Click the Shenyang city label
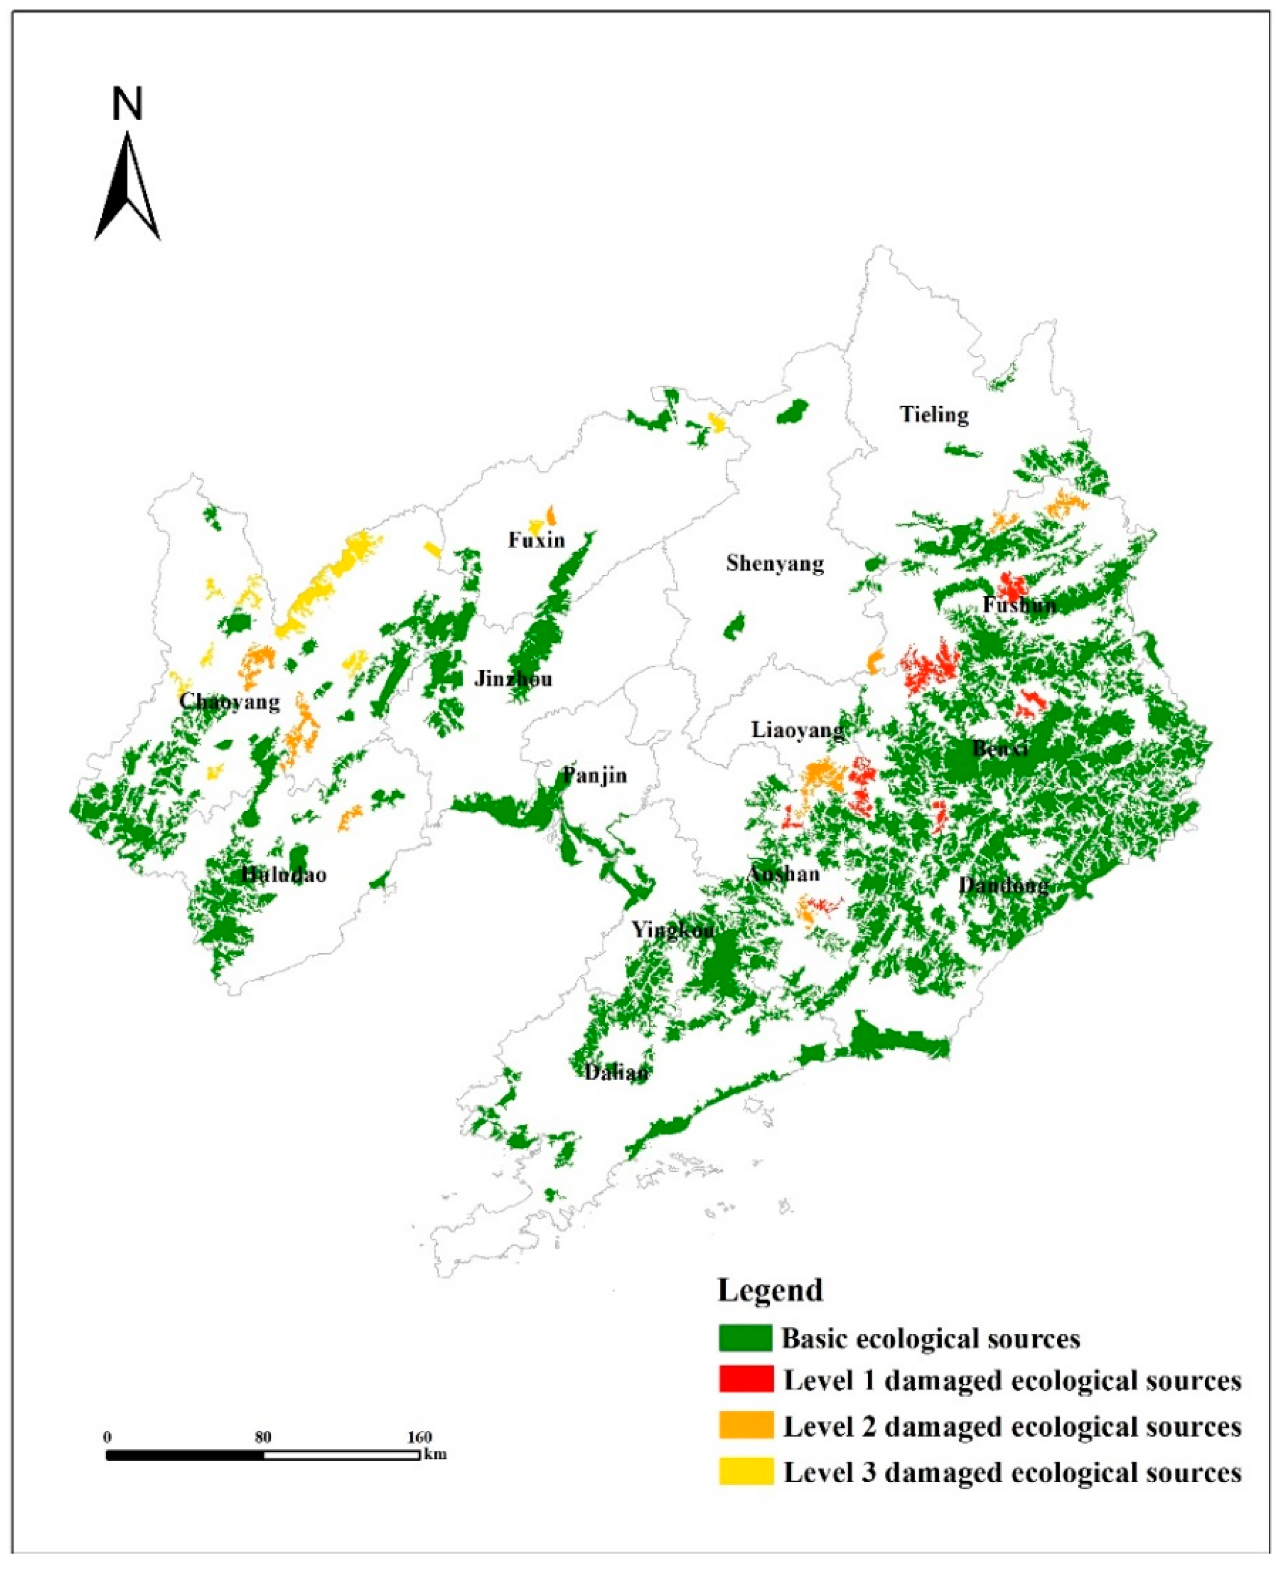pos(774,564)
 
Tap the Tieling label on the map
pos(934,414)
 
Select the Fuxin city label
pos(536,540)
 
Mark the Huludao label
pos(284,874)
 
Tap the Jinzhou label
pos(513,678)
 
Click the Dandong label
pos(1004,885)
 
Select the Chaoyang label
pos(229,701)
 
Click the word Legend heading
pos(770,1290)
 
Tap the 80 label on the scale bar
pos(262,1437)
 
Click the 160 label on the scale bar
pos(419,1437)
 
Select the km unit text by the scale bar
pos(436,1454)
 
